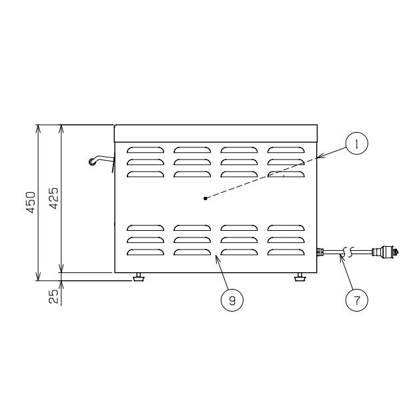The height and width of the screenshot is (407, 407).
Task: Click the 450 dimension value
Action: tap(31, 202)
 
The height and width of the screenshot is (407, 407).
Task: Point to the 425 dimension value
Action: tap(54, 198)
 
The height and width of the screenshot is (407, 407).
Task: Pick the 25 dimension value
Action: tap(53, 296)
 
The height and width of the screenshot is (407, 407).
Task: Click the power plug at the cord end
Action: tap(385, 252)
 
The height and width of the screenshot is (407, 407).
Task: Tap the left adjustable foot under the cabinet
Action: tap(138, 277)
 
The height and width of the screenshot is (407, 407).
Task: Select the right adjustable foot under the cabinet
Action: tap(300, 277)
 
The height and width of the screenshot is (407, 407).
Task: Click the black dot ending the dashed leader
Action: tap(206, 198)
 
